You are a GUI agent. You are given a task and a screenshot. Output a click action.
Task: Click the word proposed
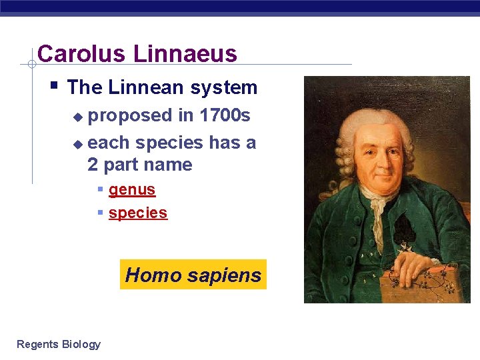(x=130, y=115)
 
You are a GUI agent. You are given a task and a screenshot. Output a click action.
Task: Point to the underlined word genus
(x=132, y=189)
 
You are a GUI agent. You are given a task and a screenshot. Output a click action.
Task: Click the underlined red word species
(x=138, y=213)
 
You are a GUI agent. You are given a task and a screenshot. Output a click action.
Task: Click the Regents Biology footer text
(x=59, y=344)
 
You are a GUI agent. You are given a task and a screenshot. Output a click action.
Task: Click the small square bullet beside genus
(x=100, y=189)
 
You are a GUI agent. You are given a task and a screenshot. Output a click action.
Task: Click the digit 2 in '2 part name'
(x=93, y=165)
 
